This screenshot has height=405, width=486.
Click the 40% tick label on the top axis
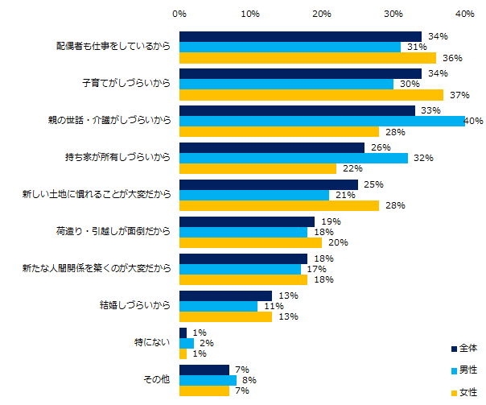pyautogui.click(x=464, y=14)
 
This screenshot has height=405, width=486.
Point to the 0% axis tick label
pyautogui.click(x=179, y=14)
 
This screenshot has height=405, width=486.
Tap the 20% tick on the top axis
pyautogui.click(x=322, y=14)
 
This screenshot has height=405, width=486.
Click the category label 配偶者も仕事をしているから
pyautogui.click(x=107, y=47)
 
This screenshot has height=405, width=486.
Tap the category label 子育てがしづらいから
pyautogui.click(x=126, y=84)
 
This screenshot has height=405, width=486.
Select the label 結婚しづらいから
pyautogui.click(x=133, y=306)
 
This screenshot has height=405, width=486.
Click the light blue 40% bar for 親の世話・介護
pyautogui.click(x=322, y=121)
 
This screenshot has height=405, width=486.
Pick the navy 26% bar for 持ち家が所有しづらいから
pyautogui.click(x=272, y=147)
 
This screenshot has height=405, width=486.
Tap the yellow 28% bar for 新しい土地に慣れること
pyautogui.click(x=279, y=206)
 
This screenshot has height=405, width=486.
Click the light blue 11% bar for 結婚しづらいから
pyautogui.click(x=218, y=306)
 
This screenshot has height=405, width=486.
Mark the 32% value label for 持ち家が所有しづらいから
pyautogui.click(x=422, y=159)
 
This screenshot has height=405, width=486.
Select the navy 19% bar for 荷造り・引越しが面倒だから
pyautogui.click(x=247, y=221)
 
